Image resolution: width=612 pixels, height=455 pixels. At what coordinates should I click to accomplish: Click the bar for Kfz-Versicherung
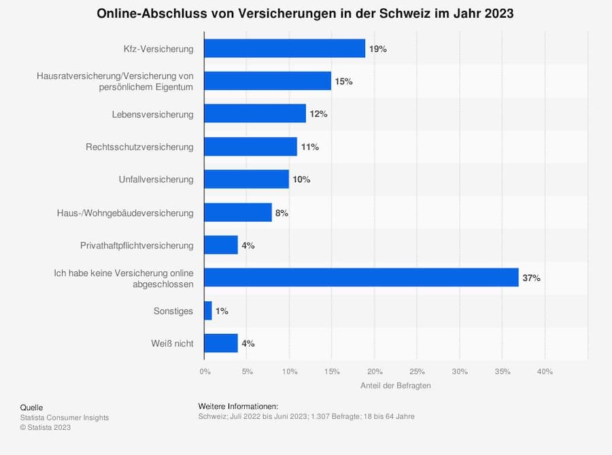(x=284, y=49)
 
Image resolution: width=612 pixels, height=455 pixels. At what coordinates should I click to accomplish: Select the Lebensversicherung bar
(x=255, y=114)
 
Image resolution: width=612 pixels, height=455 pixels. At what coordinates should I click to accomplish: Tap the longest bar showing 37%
(x=361, y=277)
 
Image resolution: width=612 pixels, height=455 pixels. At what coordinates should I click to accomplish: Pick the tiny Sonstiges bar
(x=208, y=311)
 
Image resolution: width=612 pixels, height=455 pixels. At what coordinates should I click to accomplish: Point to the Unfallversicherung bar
(x=246, y=180)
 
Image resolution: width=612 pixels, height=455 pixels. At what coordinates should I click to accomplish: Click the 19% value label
(x=378, y=49)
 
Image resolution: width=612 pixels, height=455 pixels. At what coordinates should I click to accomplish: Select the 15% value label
(x=343, y=82)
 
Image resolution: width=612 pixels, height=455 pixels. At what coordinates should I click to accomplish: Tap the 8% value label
(x=282, y=213)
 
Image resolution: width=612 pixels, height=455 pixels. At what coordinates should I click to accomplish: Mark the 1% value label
(x=222, y=311)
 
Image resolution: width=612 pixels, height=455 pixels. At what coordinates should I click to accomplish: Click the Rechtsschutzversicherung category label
(x=139, y=147)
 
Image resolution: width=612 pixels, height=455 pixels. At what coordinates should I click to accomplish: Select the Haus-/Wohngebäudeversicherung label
(x=125, y=213)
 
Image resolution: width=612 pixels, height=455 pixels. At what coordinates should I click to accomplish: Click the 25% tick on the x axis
(x=418, y=371)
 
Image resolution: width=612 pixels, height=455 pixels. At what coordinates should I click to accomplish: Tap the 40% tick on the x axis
(x=545, y=371)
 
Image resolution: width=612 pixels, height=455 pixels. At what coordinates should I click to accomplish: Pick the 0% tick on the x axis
(x=205, y=371)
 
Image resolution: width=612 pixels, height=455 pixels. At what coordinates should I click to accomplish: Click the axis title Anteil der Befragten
(x=395, y=386)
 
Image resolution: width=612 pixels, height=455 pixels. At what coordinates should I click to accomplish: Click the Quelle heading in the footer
(x=31, y=407)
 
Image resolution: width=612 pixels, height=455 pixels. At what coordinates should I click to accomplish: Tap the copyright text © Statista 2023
(x=45, y=427)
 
